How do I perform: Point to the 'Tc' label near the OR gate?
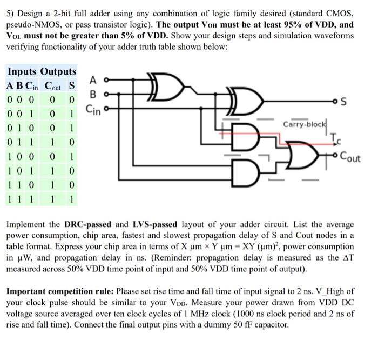click(335, 139)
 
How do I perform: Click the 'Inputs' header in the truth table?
click(22, 72)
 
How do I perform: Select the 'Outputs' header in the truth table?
click(58, 72)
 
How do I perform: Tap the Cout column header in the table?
click(53, 86)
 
